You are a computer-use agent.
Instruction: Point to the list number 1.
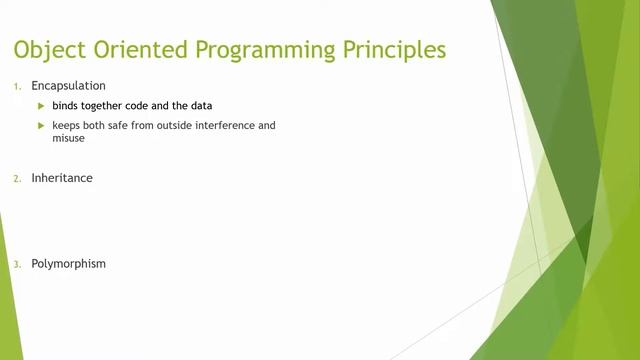[16, 87]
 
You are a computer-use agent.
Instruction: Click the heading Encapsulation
[68, 86]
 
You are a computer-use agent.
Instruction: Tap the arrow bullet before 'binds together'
[41, 106]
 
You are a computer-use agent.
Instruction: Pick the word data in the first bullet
[200, 106]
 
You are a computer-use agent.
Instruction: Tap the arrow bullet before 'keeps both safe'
[41, 126]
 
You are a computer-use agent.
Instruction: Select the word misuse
[69, 139]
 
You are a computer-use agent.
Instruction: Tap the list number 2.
[16, 179]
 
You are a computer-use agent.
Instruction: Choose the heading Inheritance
[62, 178]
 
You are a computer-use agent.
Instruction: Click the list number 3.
[16, 265]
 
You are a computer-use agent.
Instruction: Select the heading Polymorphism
[68, 264]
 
